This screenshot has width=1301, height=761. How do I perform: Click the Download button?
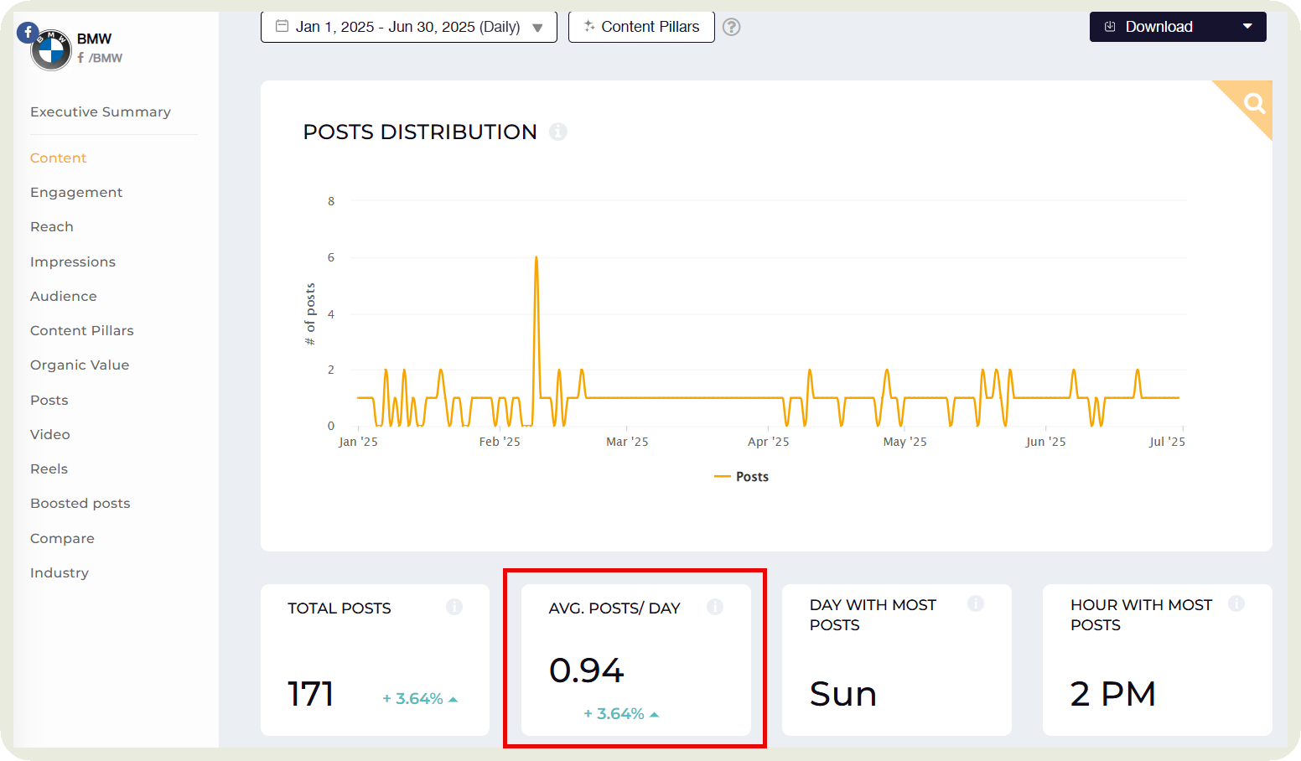[x=1176, y=27]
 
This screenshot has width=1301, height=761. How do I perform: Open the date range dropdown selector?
[x=408, y=27]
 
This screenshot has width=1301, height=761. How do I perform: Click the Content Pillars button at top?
[x=641, y=27]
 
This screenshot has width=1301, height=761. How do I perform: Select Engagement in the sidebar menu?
[x=76, y=193]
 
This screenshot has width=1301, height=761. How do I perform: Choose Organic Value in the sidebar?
[x=80, y=365]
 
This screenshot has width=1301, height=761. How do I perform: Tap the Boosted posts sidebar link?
[x=80, y=504]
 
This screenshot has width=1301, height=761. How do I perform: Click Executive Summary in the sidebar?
[x=101, y=112]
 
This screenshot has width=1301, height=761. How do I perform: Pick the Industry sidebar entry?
[x=60, y=573]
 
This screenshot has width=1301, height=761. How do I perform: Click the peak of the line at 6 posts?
[x=536, y=258]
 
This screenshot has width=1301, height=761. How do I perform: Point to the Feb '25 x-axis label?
[x=500, y=442]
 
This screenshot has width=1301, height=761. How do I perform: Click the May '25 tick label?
[x=904, y=442]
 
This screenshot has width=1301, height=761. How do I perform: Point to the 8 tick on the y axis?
[x=331, y=201]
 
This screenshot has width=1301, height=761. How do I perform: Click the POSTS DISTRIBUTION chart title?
[x=419, y=132]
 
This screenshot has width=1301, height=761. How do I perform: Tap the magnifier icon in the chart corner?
[x=1254, y=103]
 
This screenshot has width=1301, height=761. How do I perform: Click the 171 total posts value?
[x=311, y=694]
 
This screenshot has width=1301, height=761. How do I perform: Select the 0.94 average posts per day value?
[x=587, y=670]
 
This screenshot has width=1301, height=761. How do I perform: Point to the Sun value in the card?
[x=842, y=695]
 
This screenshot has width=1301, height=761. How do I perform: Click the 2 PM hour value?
[x=1112, y=695]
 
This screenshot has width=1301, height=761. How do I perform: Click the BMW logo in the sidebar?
[x=51, y=51]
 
